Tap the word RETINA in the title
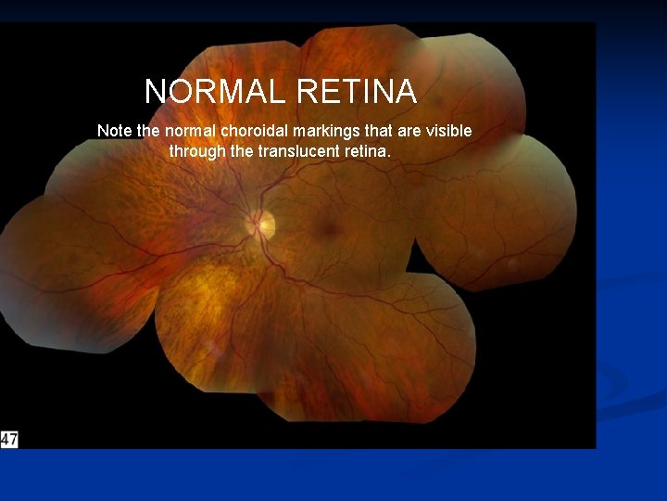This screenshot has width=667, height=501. point(357,92)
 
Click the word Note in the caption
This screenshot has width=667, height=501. point(115,131)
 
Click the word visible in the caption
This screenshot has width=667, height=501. point(448,131)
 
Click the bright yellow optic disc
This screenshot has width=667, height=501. point(261,223)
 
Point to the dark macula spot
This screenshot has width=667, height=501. point(325,227)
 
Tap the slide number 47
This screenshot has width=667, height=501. point(8,439)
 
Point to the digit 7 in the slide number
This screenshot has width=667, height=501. point(12,439)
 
